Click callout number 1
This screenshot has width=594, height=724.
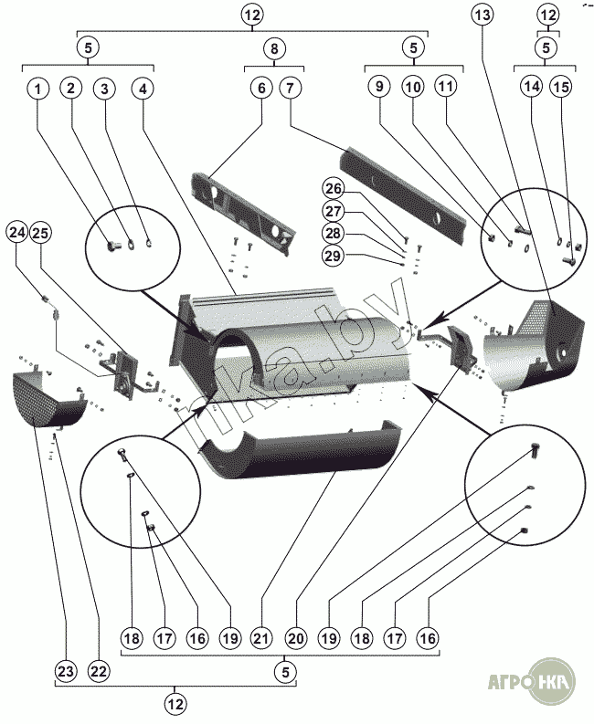(38, 89)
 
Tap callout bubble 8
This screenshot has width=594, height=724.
(273, 47)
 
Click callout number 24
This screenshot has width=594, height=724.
(17, 232)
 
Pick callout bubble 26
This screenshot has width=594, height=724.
(334, 189)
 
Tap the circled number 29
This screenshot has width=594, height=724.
(334, 256)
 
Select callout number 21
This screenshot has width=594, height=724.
(262, 640)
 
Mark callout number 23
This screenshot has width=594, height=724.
(65, 671)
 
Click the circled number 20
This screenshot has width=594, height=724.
(295, 640)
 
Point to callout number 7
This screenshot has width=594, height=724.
(290, 89)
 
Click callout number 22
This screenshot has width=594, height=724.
(98, 671)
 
